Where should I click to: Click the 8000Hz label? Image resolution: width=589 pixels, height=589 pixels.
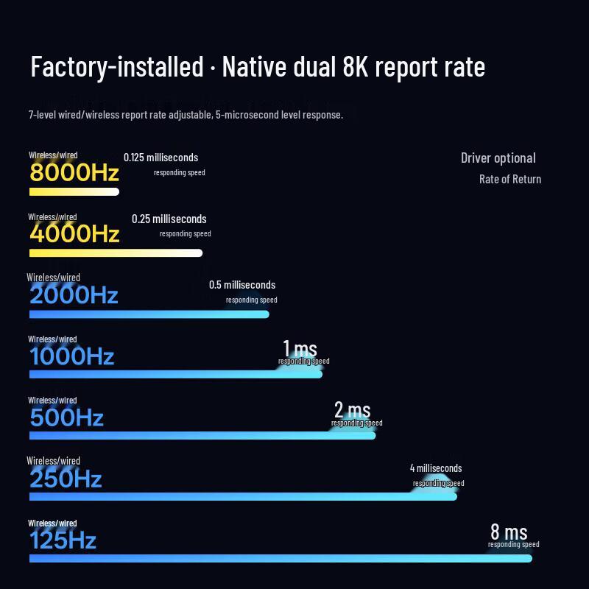tap(74, 172)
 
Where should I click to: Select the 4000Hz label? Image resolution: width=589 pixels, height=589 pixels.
tap(74, 233)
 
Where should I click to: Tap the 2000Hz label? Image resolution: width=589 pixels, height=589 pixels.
tap(74, 295)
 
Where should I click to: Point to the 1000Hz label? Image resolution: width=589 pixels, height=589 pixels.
tap(72, 356)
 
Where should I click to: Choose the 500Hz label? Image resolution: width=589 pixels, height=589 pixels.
tap(66, 417)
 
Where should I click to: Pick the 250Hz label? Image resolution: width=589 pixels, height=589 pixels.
tap(66, 479)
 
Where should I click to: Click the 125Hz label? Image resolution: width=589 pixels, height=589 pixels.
tap(63, 540)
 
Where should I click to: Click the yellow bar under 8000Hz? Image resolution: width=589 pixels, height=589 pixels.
tap(74, 192)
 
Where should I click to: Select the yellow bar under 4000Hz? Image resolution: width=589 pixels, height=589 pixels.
tap(116, 253)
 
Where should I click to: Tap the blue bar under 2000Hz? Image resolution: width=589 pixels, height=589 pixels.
tap(149, 314)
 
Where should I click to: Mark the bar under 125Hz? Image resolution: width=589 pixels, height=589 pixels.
tap(280, 558)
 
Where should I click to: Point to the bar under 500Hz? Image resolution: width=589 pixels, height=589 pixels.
tap(202, 435)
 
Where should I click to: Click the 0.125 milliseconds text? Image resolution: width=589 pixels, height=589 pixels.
tap(161, 157)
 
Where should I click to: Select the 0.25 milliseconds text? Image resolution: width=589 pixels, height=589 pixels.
tap(169, 219)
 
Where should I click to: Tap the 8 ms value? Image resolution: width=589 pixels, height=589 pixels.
tap(509, 531)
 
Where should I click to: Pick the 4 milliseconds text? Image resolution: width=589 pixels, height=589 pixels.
tap(436, 468)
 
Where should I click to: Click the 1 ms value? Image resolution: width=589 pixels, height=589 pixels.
tap(300, 348)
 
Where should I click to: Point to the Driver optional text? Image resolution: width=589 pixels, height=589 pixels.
tap(498, 158)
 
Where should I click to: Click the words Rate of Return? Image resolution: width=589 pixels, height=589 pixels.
tap(510, 179)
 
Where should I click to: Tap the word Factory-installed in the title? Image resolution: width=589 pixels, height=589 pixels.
tap(116, 67)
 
